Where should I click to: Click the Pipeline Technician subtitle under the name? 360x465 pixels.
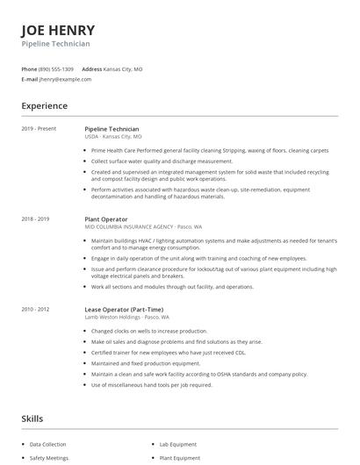[x=55, y=43]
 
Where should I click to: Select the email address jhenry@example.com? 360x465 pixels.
[x=65, y=79]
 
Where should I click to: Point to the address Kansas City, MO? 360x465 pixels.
[x=124, y=68]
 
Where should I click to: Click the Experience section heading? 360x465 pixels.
[x=44, y=106]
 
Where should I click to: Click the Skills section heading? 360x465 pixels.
[x=32, y=418]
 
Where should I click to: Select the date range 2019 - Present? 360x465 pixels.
[x=39, y=129]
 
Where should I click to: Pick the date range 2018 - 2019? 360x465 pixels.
[x=35, y=218]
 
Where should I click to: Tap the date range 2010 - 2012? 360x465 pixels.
[x=35, y=309]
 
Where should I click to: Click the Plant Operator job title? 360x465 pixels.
[x=105, y=218]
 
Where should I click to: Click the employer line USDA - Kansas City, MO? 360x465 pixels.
[x=112, y=137]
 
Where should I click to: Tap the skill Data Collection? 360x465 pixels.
[x=48, y=445]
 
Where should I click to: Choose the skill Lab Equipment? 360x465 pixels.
[x=179, y=445]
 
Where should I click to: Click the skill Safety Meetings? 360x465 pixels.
[x=49, y=458]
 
